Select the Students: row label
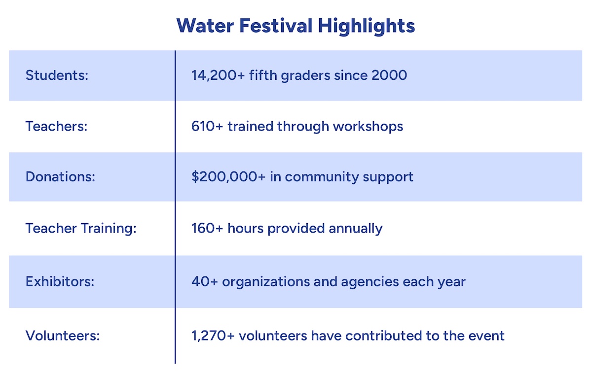[57, 75]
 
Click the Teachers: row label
[56, 126]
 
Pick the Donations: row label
[60, 177]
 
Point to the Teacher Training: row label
[81, 229]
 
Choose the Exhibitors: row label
[60, 282]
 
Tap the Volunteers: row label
[63, 336]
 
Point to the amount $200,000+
[228, 177]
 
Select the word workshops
[368, 126]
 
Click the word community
[326, 177]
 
